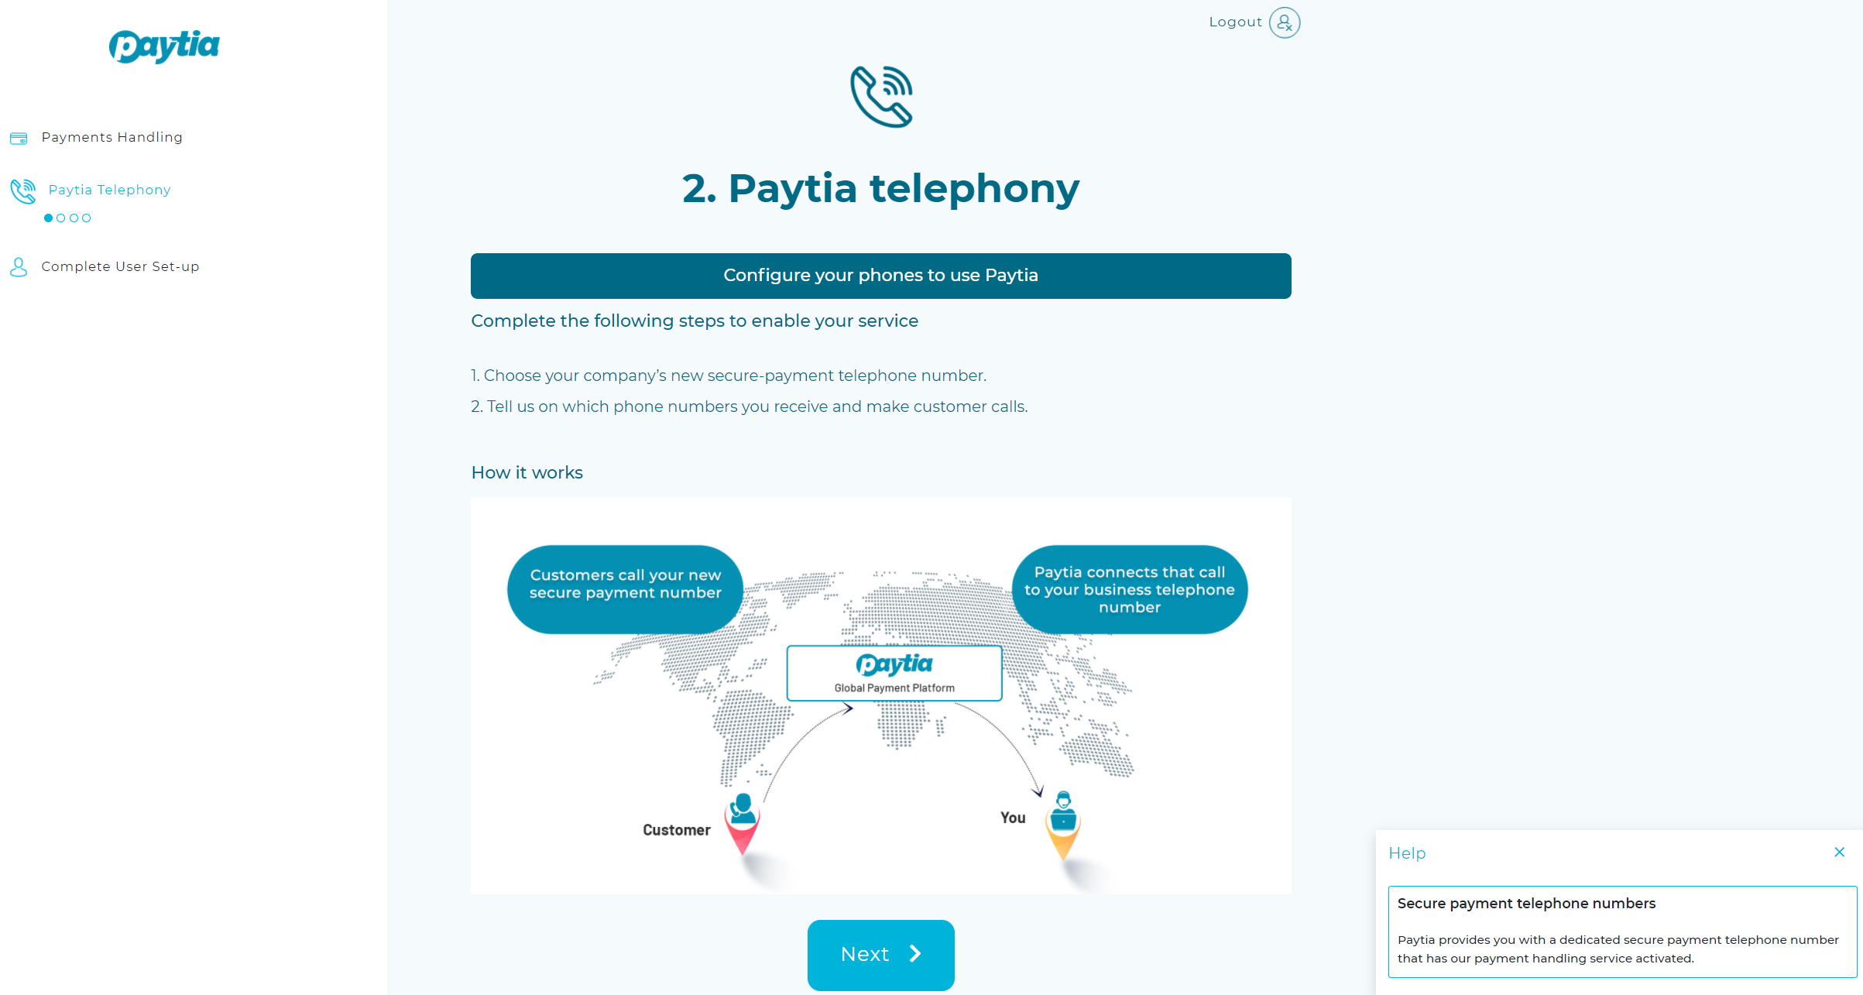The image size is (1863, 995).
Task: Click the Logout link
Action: tap(1235, 22)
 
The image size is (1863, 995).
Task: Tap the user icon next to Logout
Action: tap(1285, 22)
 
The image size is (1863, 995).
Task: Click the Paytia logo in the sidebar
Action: tap(164, 46)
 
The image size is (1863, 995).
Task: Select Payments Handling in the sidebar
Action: tap(112, 137)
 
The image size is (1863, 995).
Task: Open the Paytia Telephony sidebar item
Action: tap(109, 190)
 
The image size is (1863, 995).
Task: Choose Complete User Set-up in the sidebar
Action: tap(120, 266)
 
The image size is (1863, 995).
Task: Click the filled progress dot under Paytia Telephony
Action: tap(49, 218)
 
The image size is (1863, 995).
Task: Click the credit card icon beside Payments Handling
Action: tap(19, 138)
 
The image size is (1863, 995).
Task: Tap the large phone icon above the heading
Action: tap(881, 97)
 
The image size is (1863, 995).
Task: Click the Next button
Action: tap(880, 954)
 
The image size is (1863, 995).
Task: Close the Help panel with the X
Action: tap(1839, 853)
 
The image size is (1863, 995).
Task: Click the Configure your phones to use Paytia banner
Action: tap(880, 276)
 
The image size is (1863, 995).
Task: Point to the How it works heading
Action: tap(527, 472)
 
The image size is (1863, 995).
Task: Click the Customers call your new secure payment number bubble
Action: tap(625, 589)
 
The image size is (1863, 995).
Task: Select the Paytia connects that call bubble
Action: tap(1129, 589)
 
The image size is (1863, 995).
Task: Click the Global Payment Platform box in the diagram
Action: tap(894, 673)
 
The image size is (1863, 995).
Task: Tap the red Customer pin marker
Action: tap(742, 824)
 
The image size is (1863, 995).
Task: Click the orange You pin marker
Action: tap(1063, 826)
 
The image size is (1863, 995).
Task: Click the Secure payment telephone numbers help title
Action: tap(1526, 904)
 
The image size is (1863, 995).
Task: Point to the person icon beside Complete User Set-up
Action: tap(19, 267)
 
